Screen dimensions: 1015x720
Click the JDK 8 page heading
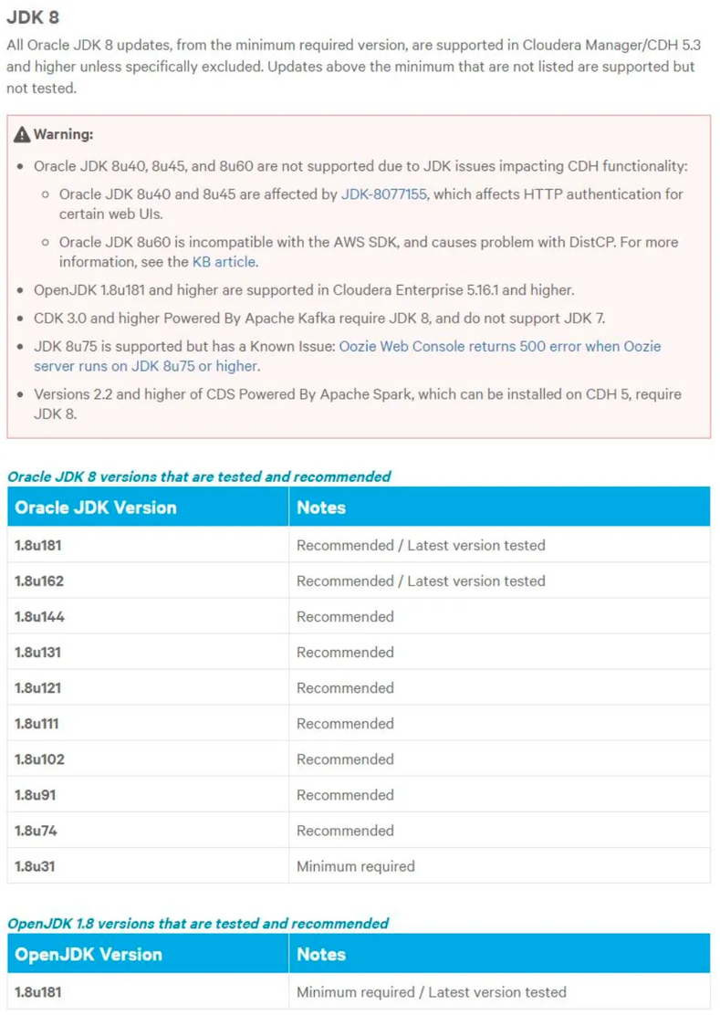(33, 17)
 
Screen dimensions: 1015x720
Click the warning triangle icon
(22, 135)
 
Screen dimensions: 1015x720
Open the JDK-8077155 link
(383, 194)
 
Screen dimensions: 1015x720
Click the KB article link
(224, 262)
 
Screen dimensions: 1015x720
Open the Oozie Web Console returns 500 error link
(500, 347)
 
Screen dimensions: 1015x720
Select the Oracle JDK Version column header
(96, 507)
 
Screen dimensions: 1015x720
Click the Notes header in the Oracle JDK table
(321, 507)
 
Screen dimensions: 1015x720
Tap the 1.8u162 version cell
(39, 581)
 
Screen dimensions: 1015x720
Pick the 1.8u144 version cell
(39, 617)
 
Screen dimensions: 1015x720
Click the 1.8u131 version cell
(38, 653)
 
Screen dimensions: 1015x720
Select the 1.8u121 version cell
(38, 688)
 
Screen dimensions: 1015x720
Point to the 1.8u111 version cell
(37, 724)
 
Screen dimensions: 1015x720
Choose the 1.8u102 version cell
(39, 759)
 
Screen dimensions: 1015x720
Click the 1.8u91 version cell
(35, 795)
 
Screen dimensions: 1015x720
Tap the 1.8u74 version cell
(36, 831)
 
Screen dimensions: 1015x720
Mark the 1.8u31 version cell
(35, 866)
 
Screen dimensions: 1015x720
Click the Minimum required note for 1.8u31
(355, 866)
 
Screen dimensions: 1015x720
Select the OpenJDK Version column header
(89, 955)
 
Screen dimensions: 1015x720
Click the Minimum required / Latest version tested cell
(431, 992)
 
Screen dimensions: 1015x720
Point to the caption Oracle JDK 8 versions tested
(199, 476)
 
